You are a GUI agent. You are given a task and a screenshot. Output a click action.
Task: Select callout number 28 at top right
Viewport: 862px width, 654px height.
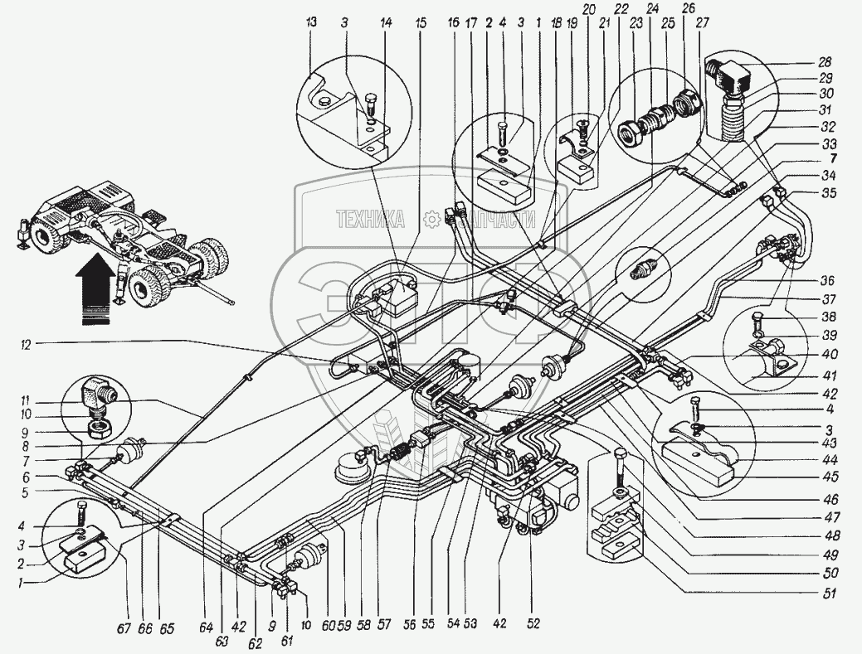tap(824, 62)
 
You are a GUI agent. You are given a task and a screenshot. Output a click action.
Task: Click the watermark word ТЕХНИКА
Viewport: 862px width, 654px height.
tap(370, 219)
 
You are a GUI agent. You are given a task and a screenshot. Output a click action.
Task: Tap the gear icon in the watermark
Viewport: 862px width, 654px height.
tap(430, 219)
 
